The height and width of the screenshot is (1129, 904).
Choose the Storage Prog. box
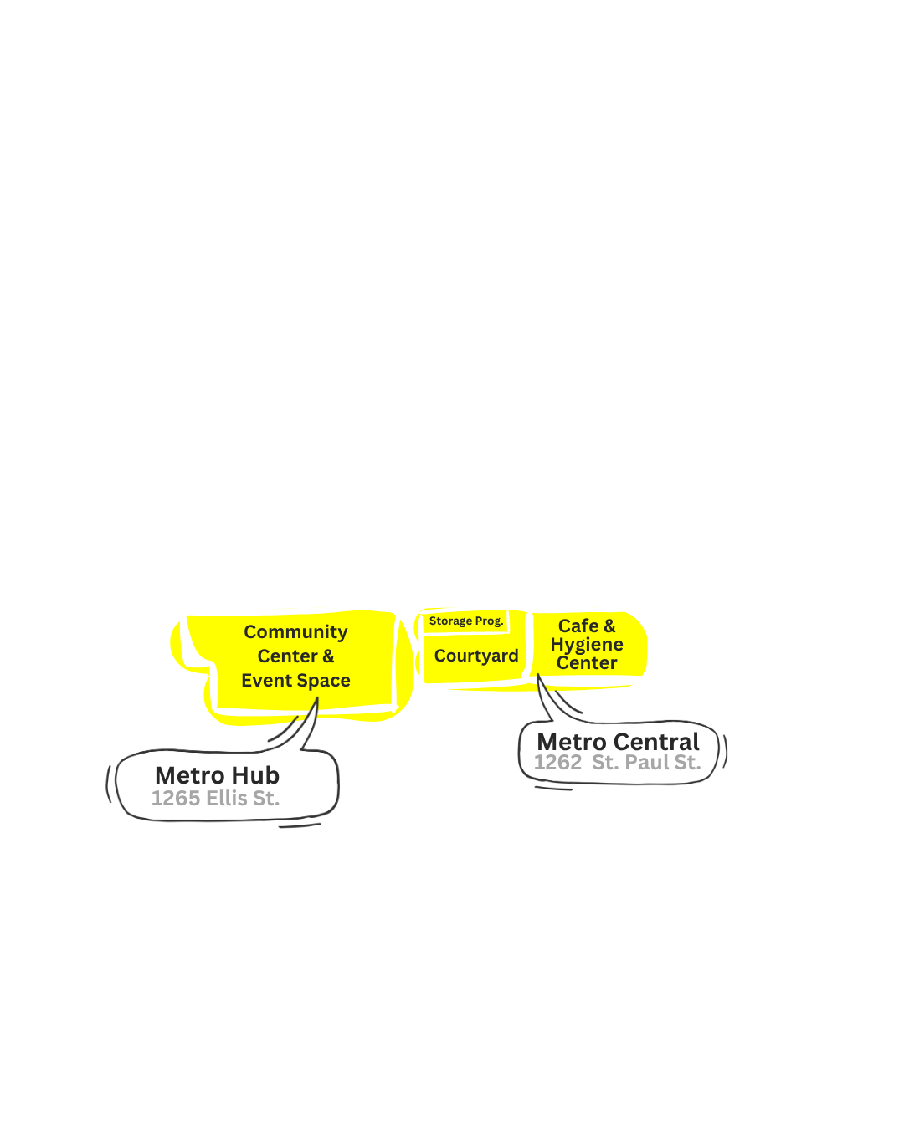(x=465, y=621)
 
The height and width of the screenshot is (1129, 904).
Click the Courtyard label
(x=476, y=656)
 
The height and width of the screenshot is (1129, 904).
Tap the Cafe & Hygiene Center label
(x=587, y=644)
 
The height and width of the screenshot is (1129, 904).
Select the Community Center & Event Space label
(x=295, y=656)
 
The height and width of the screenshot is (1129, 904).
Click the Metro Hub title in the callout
(x=217, y=775)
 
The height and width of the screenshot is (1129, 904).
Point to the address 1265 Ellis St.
(x=215, y=799)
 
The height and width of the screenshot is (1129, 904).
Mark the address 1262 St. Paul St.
(x=617, y=763)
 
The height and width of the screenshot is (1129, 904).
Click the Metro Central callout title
(x=618, y=742)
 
